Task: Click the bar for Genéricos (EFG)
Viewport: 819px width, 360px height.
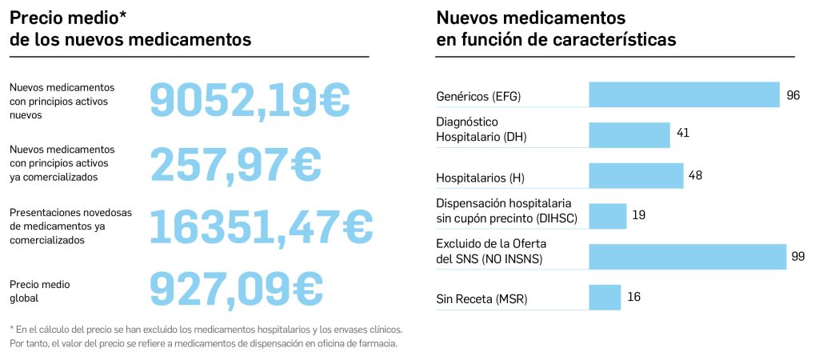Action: tap(684, 94)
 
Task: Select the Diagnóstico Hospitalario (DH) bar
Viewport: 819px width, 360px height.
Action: tap(629, 134)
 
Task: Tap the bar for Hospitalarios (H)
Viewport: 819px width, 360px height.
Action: tap(636, 176)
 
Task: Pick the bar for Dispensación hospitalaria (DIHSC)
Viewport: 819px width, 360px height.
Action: tap(608, 216)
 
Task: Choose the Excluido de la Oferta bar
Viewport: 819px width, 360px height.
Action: tap(688, 257)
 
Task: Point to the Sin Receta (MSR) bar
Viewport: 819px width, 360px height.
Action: tap(605, 298)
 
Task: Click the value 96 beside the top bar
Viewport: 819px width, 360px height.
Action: tap(793, 95)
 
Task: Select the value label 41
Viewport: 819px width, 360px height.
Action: tap(683, 133)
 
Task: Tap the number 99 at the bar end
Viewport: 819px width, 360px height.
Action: tap(797, 256)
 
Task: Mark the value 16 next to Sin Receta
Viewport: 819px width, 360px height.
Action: tap(634, 297)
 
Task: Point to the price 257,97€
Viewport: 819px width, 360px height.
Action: tap(236, 164)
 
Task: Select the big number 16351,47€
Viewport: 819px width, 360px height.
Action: tap(262, 226)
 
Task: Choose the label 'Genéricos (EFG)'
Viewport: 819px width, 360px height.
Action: tap(478, 97)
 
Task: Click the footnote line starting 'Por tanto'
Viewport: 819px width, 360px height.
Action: tap(203, 344)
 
